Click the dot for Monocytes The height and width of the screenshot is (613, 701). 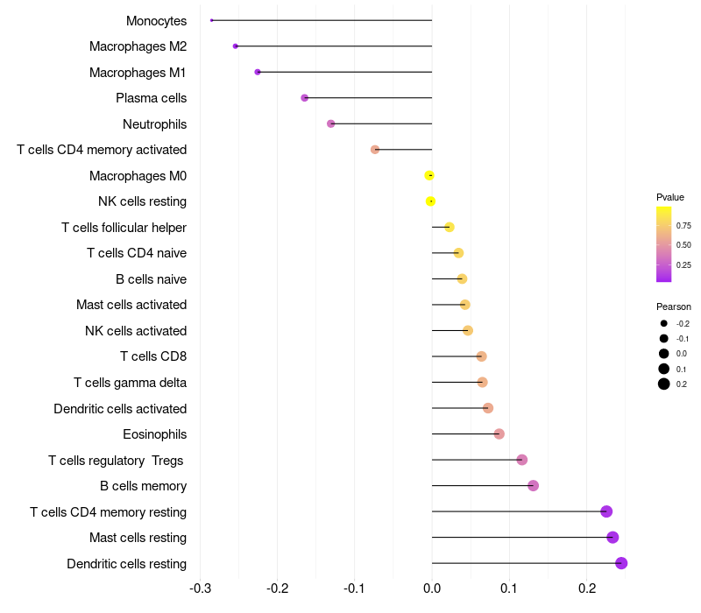click(x=212, y=20)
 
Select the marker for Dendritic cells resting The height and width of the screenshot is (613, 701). click(x=621, y=563)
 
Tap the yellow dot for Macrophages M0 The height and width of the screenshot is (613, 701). click(x=429, y=176)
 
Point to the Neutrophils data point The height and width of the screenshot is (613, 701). click(x=330, y=123)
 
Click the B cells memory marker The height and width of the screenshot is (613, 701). click(x=533, y=486)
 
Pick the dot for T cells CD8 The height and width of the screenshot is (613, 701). click(x=481, y=356)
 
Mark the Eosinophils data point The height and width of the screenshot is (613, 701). click(x=499, y=434)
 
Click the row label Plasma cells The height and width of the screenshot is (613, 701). click(x=151, y=98)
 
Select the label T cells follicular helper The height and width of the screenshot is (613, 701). click(x=124, y=228)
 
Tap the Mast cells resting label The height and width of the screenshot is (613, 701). click(x=138, y=538)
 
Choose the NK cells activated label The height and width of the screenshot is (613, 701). click(x=136, y=331)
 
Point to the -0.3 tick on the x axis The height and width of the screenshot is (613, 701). click(x=201, y=589)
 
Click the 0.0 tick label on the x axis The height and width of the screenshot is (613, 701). click(x=432, y=589)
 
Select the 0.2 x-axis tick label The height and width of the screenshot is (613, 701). click(x=586, y=589)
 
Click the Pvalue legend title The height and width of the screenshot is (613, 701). click(x=670, y=197)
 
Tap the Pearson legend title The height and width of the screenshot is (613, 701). click(x=674, y=306)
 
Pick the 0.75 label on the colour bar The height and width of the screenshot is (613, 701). click(x=683, y=225)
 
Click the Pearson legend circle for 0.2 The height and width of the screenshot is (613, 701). click(x=664, y=384)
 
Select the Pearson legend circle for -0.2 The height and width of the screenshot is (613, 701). click(x=664, y=323)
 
